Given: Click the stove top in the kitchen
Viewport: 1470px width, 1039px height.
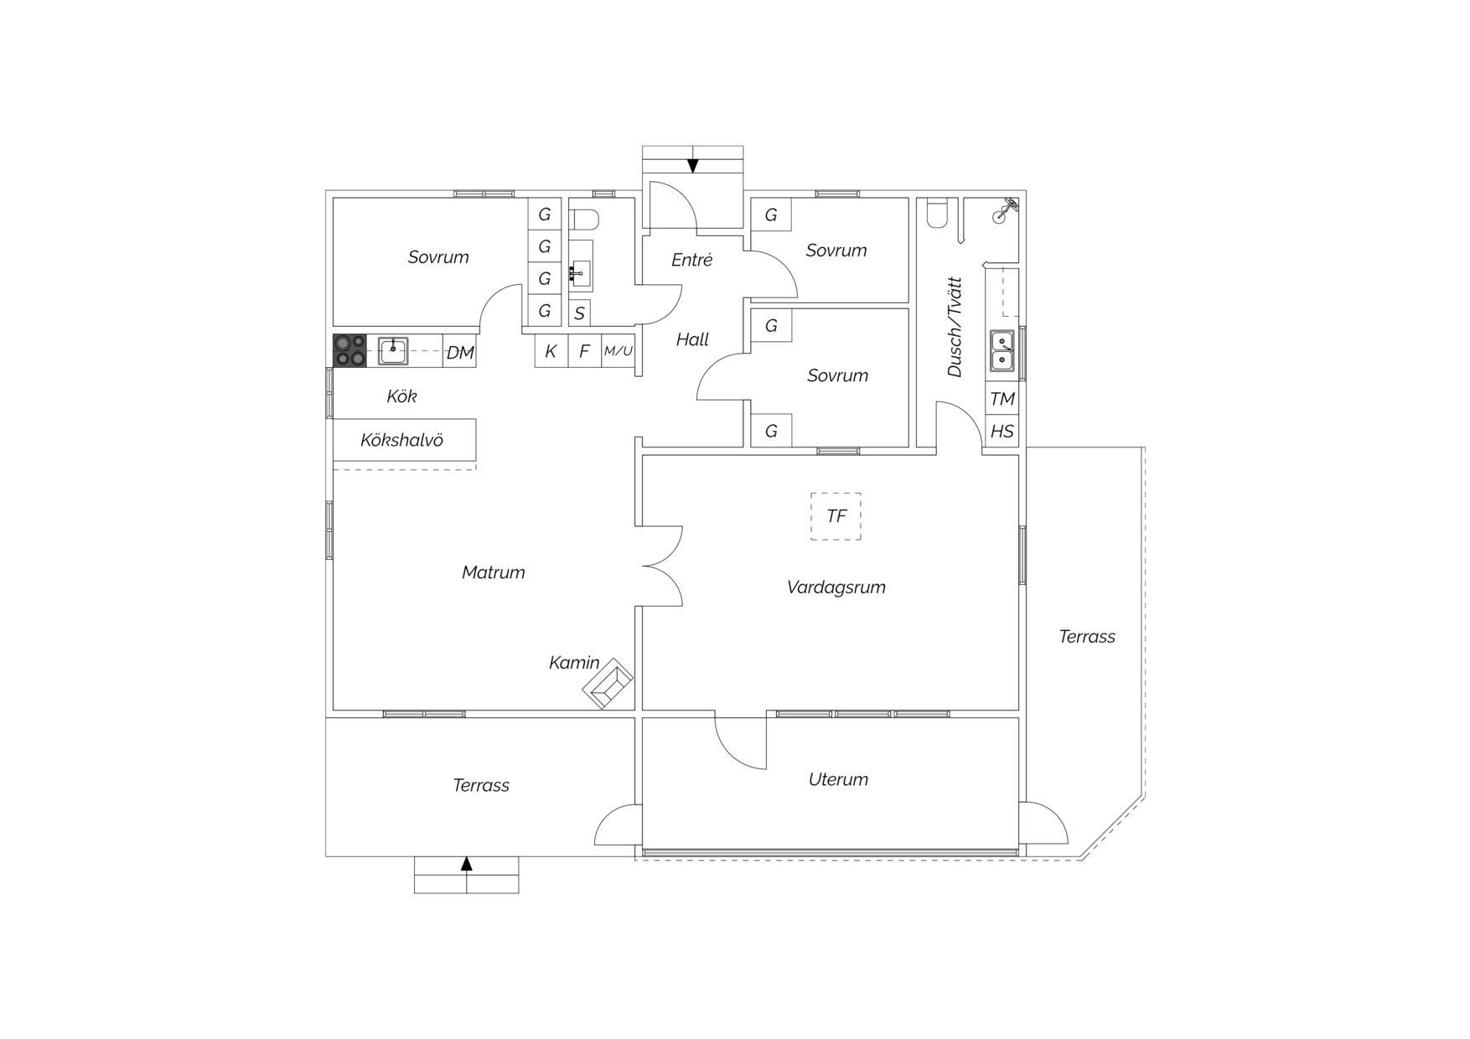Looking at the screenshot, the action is point(349,350).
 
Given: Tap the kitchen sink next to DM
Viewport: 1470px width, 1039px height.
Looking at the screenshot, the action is point(393,351).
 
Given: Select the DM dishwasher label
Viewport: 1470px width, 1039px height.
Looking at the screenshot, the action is point(460,353).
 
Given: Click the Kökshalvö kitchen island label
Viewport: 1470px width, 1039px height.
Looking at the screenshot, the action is point(401,440).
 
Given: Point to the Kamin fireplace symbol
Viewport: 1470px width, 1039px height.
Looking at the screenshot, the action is point(608,684).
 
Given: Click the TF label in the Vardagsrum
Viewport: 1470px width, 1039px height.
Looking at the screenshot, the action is point(836,516).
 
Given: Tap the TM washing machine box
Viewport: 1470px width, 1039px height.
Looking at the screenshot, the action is point(1002,399).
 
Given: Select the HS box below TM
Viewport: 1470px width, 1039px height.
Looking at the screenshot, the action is point(1002,431).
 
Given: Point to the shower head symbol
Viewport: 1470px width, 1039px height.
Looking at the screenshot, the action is point(1004,210).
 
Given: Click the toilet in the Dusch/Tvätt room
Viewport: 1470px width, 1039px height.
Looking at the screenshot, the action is point(937,213).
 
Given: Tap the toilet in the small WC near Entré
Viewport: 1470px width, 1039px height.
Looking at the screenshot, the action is point(584,219).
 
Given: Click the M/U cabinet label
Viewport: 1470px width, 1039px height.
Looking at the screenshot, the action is point(619,351).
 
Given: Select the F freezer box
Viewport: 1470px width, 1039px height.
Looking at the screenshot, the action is point(585,351).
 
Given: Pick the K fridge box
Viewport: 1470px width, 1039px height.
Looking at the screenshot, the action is point(551,351).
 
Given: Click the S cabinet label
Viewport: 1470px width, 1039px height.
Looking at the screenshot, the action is point(579,314).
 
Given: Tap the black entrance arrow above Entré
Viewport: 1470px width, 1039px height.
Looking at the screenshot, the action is point(693,165).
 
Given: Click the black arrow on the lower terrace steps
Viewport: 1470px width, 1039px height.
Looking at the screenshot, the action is point(467,864).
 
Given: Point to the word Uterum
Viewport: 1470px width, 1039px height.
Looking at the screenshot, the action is point(838,779).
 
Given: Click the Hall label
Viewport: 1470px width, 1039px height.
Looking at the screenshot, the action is point(692,339).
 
